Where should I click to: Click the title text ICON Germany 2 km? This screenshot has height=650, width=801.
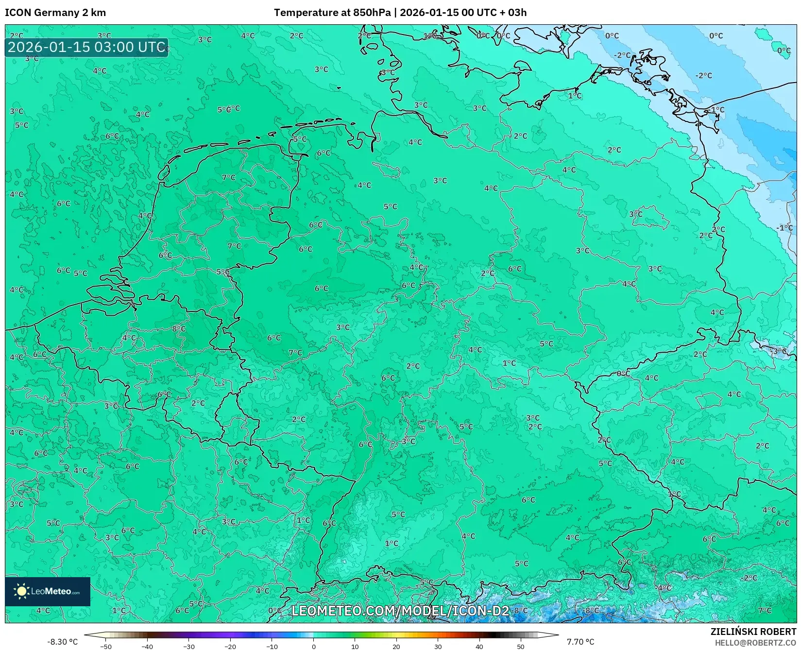pyautogui.click(x=55, y=13)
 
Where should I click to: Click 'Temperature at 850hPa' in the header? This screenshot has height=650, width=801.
pyautogui.click(x=332, y=13)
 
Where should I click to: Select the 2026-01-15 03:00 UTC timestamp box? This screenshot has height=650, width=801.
pyautogui.click(x=86, y=47)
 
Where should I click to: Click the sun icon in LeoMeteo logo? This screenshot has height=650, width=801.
pyautogui.click(x=21, y=591)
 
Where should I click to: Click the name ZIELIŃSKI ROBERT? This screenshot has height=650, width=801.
pyautogui.click(x=753, y=632)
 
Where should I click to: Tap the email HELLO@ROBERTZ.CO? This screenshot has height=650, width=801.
pyautogui.click(x=755, y=643)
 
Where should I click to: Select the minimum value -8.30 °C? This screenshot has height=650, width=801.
pyautogui.click(x=62, y=642)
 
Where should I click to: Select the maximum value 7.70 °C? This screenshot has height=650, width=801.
pyautogui.click(x=580, y=642)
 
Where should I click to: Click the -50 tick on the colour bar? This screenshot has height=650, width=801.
pyautogui.click(x=106, y=647)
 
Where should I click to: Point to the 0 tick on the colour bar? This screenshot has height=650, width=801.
pyautogui.click(x=314, y=647)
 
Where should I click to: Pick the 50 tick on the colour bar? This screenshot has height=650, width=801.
pyautogui.click(x=521, y=647)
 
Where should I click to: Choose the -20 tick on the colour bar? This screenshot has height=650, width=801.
pyautogui.click(x=230, y=647)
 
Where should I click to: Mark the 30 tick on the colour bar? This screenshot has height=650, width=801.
pyautogui.click(x=438, y=647)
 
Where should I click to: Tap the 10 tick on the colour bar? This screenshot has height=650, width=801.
pyautogui.click(x=355, y=647)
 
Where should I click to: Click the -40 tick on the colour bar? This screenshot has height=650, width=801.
pyautogui.click(x=147, y=647)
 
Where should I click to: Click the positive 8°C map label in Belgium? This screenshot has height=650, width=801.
pyautogui.click(x=179, y=329)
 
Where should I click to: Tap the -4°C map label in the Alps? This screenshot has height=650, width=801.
pyautogui.click(x=664, y=588)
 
